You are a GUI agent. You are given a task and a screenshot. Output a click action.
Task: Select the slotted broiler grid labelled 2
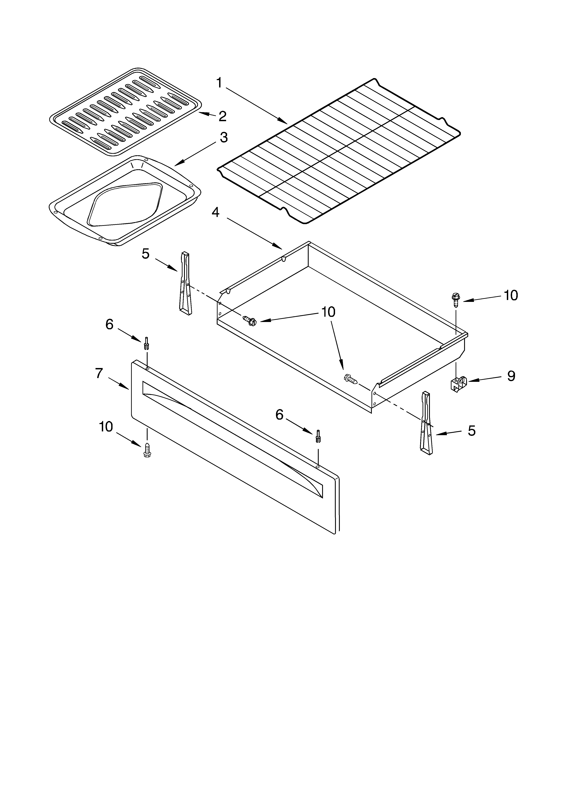[x=125, y=111]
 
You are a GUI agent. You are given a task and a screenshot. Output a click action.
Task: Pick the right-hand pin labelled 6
[x=318, y=436]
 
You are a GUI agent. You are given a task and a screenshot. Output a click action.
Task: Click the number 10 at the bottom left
[x=106, y=427]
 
